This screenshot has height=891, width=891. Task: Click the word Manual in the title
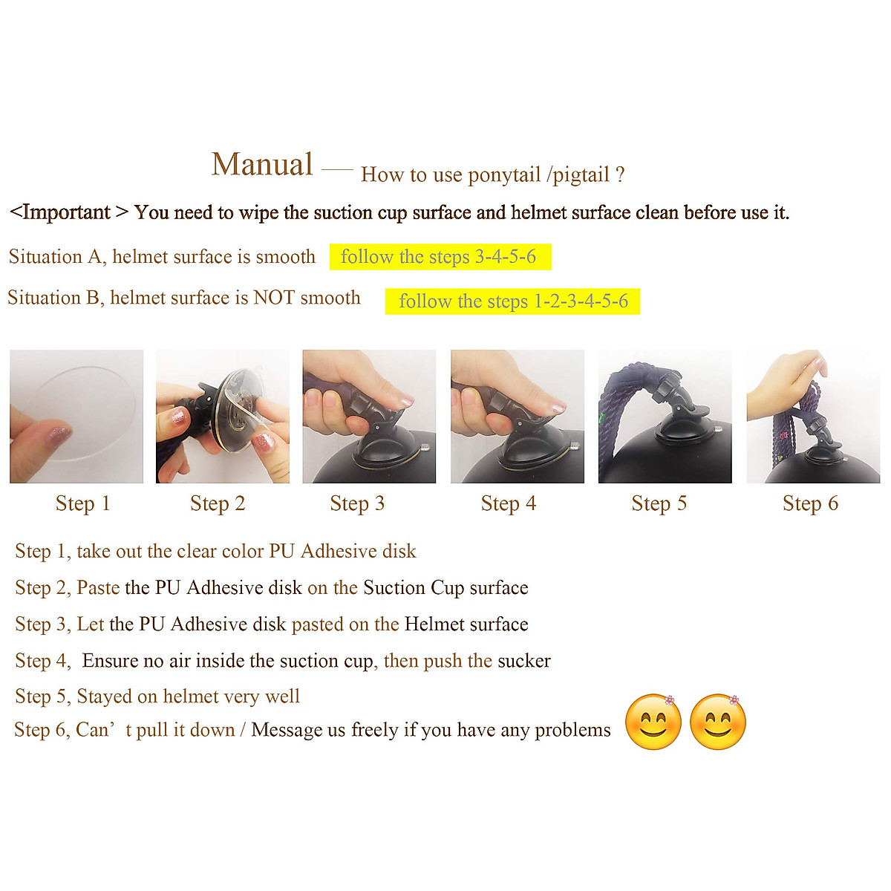(x=262, y=165)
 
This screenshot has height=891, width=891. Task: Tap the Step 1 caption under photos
(x=82, y=503)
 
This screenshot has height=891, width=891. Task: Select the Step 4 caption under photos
(x=508, y=503)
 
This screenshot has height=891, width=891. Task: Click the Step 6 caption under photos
(x=810, y=503)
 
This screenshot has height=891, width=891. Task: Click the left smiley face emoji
(x=653, y=722)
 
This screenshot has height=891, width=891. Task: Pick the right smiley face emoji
(x=718, y=722)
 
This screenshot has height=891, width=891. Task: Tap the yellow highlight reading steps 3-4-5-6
(x=440, y=257)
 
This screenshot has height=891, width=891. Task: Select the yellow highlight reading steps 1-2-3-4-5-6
(x=512, y=301)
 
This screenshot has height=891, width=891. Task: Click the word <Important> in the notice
(x=60, y=212)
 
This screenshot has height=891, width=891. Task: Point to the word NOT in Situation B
(x=274, y=298)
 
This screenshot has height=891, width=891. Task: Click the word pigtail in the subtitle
(x=581, y=175)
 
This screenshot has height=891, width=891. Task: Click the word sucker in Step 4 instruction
(x=524, y=661)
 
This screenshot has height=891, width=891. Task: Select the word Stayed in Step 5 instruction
(x=105, y=696)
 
